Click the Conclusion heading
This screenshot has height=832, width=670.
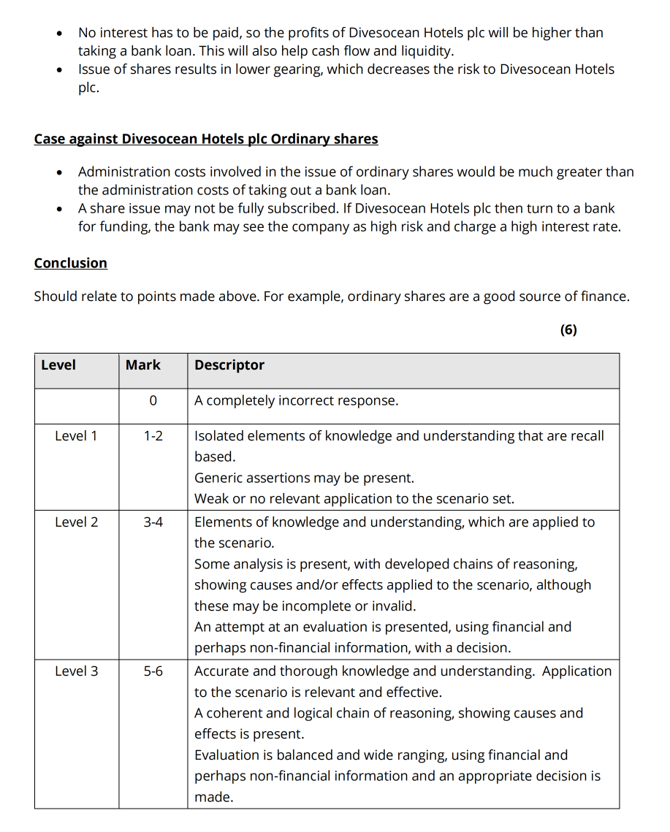point(70,263)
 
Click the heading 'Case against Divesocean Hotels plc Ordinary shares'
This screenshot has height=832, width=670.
point(206,139)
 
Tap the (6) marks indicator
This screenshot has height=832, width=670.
point(568,329)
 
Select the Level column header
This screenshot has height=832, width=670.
point(58,365)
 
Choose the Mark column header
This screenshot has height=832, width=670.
point(143,365)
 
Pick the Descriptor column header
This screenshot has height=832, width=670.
point(229,365)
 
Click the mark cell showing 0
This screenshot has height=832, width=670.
point(152,401)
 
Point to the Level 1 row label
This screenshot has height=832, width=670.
point(76,436)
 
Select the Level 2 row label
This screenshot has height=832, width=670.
point(76,522)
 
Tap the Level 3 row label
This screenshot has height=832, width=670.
point(76,671)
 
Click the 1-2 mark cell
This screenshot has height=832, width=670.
point(153,436)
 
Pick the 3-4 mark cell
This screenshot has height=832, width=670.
point(153,522)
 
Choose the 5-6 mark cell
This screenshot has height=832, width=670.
point(153,671)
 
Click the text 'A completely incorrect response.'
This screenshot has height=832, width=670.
point(296,401)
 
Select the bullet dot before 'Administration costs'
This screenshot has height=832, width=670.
point(59,172)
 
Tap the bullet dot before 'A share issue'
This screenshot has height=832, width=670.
point(59,209)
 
